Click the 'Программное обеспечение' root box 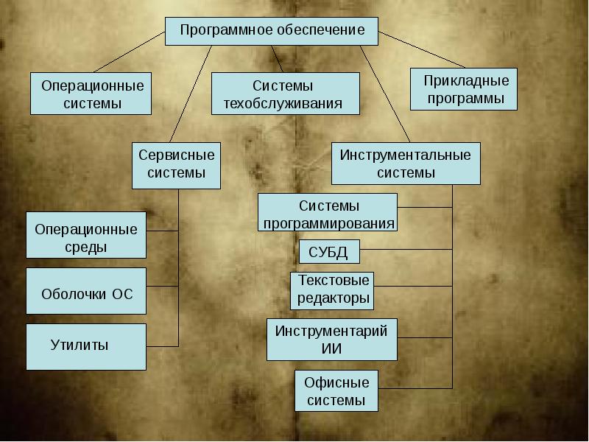[272, 31]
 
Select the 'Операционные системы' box [91, 94]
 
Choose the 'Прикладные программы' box [464, 88]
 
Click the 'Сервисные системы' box [177, 165]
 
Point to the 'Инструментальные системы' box [406, 164]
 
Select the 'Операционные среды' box [86, 236]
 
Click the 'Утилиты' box [86, 345]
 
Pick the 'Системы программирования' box [328, 213]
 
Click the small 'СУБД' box [329, 253]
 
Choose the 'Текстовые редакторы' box [332, 290]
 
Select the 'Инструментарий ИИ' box [331, 339]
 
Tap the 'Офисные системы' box [336, 390]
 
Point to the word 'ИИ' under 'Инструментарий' [332, 348]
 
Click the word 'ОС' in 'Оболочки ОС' [122, 293]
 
